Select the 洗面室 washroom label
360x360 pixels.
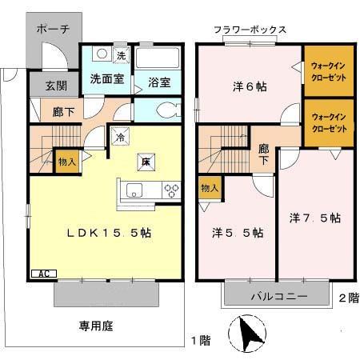click(104, 80)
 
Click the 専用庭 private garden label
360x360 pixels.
click(94, 325)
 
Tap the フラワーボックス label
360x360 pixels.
click(250, 30)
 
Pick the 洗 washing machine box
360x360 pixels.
click(120, 55)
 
